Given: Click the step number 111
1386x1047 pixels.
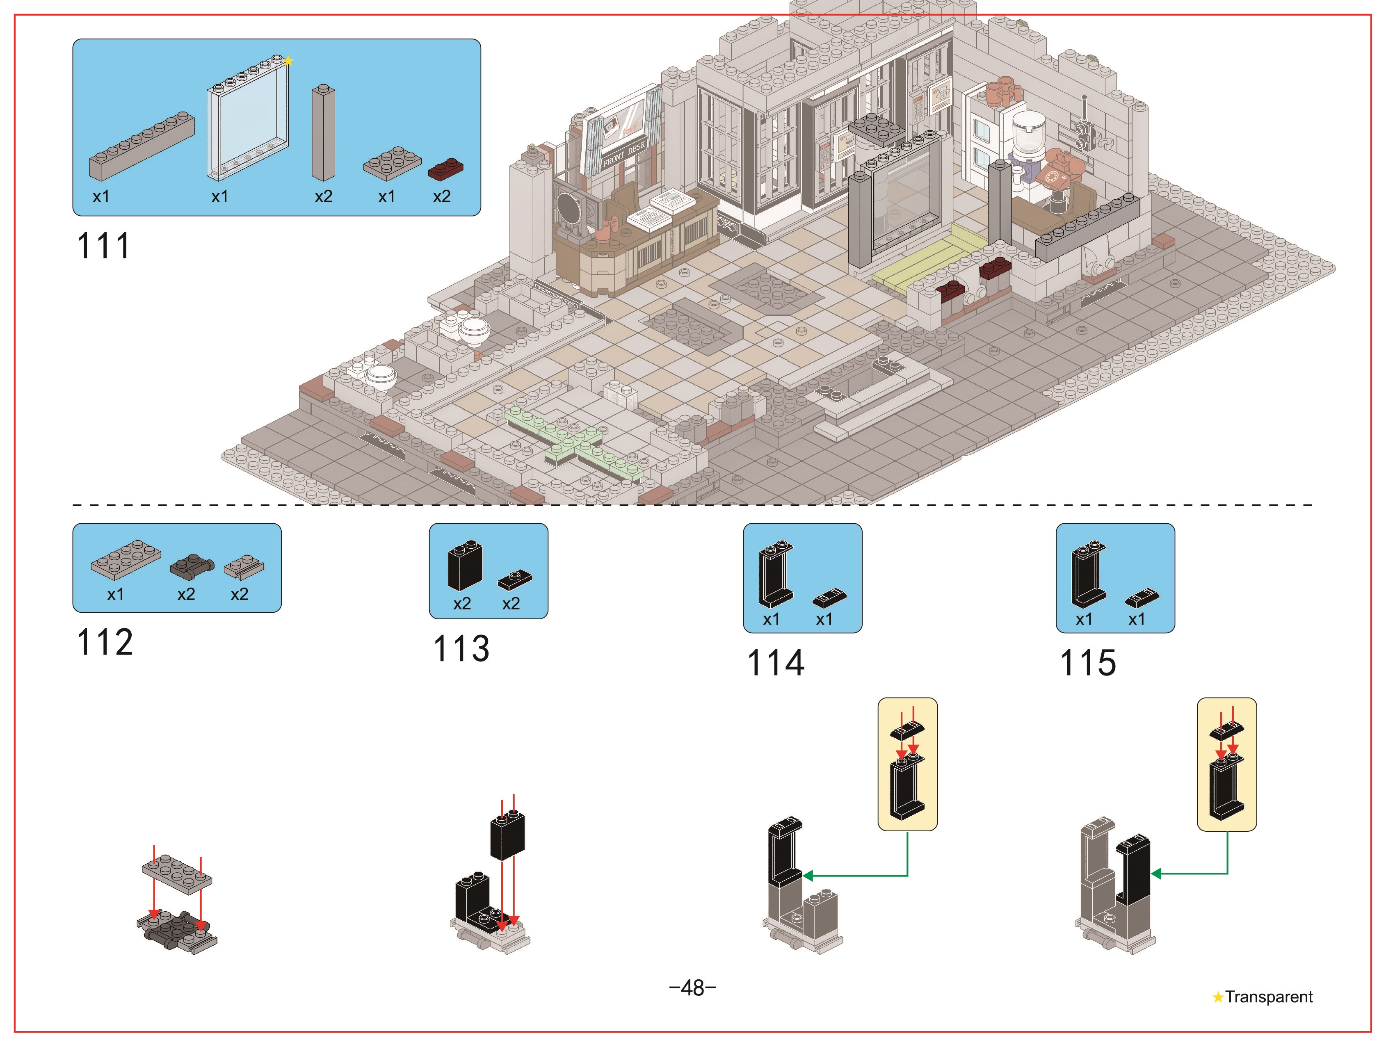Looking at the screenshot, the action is point(103,246).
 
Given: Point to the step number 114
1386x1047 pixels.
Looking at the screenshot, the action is point(776,663).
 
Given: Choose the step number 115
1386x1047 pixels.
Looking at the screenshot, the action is point(1088,663).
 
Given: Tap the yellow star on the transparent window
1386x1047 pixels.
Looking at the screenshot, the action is point(288,61).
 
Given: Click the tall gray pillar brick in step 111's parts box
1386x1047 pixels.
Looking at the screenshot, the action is point(323,133).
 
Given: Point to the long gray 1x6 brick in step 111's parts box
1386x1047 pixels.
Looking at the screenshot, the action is point(142,146).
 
